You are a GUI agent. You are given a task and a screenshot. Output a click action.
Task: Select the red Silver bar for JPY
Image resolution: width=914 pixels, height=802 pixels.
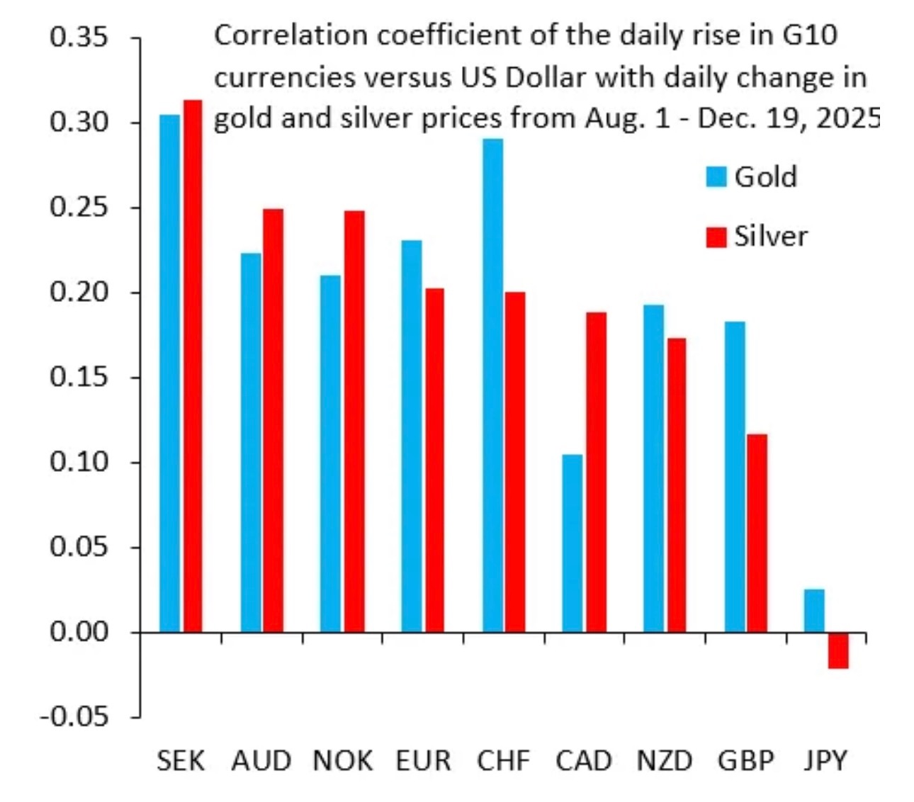pos(838,650)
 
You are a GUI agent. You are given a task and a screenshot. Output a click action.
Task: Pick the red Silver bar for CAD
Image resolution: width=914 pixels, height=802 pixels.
pos(597,472)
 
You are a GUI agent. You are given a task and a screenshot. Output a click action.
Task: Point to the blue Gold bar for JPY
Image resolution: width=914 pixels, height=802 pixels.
pos(814,610)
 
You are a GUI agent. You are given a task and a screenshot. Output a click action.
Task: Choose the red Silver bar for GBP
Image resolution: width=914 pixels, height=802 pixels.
pos(757,533)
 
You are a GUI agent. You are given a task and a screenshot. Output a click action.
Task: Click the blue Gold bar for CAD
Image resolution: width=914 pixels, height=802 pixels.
pos(572,543)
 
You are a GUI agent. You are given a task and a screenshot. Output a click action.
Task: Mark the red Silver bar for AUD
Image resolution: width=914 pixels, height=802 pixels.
pos(273,420)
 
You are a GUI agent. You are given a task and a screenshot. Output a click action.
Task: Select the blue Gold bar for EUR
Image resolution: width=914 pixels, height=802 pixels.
pos(412,436)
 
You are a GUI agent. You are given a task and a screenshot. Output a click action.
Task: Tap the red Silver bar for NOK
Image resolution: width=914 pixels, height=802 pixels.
pos(354,421)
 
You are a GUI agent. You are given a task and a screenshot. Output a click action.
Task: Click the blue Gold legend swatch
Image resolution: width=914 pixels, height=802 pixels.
pos(716,176)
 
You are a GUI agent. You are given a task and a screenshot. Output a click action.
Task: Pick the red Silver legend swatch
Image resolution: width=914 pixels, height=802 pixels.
pos(716,237)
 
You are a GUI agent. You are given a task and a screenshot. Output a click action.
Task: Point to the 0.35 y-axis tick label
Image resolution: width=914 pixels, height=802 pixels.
pos(79,37)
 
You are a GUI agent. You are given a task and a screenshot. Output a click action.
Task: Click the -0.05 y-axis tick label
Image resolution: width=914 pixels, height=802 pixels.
pos(75,716)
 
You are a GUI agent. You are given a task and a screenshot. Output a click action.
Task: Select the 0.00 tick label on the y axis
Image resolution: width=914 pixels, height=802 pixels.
pos(79,631)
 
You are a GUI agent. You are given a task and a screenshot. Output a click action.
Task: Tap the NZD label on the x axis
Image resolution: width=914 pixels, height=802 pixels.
pos(664,761)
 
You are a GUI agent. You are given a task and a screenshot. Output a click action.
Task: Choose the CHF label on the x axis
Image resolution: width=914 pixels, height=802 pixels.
pos(503,761)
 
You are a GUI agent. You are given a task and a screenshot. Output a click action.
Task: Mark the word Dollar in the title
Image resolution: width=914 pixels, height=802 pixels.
pos(546,77)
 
